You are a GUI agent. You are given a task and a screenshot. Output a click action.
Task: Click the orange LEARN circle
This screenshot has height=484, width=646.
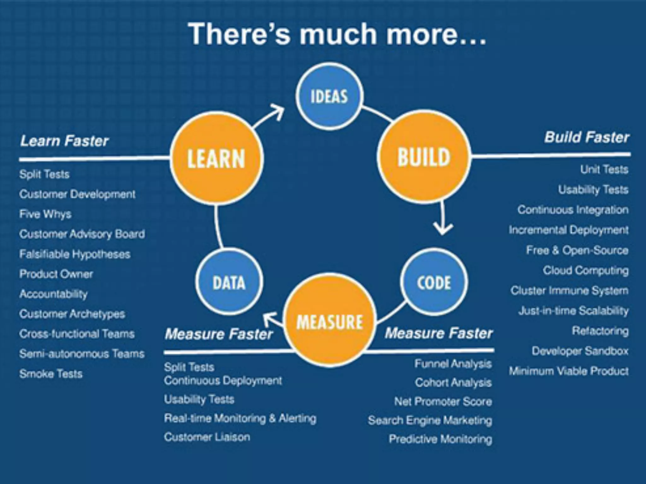(216, 158)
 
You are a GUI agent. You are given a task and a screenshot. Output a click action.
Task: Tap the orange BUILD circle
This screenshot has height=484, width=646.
(424, 157)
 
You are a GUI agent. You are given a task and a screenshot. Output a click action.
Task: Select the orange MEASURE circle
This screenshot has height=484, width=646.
(330, 321)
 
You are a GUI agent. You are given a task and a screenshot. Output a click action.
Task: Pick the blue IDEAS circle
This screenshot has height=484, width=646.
(329, 96)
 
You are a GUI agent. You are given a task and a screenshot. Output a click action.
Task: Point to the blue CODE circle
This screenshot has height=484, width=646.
(434, 282)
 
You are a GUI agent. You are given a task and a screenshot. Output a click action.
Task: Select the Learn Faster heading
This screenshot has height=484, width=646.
(64, 141)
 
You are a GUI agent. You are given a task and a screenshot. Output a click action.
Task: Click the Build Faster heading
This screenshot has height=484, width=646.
(587, 137)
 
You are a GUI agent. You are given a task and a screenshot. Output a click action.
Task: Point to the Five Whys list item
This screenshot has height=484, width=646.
(45, 214)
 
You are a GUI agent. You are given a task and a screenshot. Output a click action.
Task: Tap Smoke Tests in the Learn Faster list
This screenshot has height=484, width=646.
(51, 374)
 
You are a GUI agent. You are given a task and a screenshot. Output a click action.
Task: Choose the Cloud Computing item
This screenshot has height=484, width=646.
(585, 270)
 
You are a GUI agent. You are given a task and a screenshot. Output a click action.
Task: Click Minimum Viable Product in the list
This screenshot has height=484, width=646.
(569, 371)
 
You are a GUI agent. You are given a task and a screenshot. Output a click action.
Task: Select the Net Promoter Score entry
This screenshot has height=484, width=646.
(443, 401)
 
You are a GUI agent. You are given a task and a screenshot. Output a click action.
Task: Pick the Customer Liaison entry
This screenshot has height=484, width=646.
(207, 437)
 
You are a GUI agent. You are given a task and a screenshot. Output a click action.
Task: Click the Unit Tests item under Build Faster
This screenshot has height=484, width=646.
(604, 170)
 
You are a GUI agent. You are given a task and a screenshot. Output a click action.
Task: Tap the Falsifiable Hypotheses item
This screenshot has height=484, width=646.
(75, 254)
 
